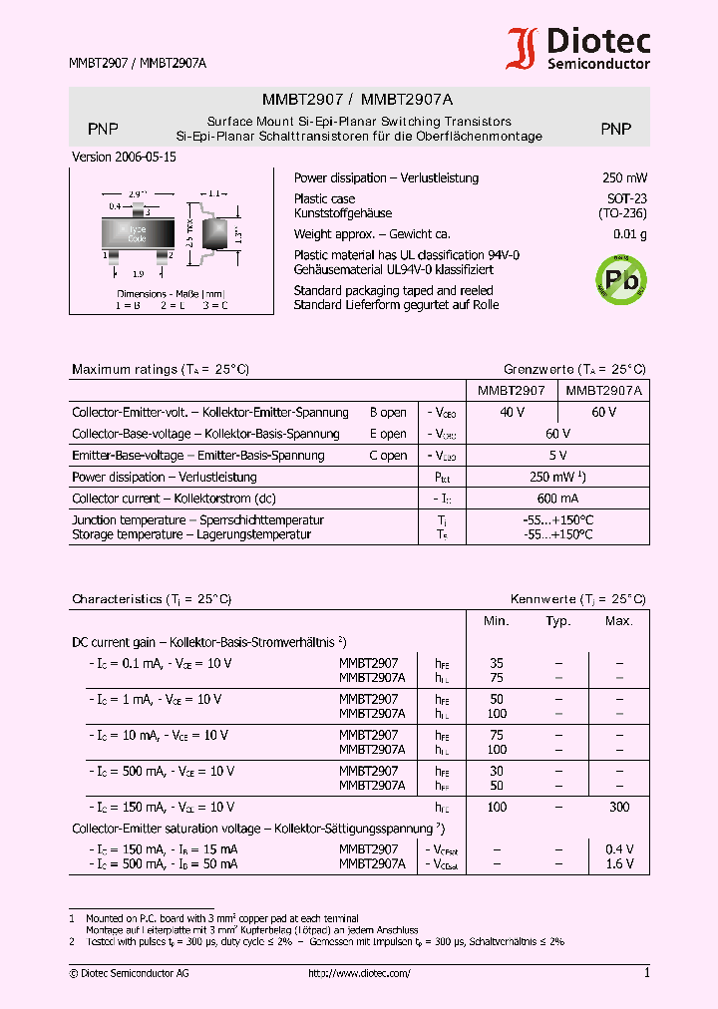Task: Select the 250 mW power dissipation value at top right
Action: tap(624, 178)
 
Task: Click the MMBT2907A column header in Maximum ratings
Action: tap(603, 392)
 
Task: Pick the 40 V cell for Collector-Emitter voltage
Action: tap(512, 413)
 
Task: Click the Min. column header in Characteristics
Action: tap(497, 621)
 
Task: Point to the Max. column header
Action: tap(618, 621)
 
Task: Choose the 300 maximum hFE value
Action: tap(618, 807)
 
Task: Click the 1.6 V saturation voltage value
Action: tap(618, 864)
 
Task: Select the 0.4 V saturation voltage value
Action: tap(618, 849)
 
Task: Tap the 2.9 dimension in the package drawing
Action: tap(138, 194)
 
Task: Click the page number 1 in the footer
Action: tap(646, 973)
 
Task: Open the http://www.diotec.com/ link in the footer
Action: tap(359, 974)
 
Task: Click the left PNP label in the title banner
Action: tap(103, 129)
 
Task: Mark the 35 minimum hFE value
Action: tap(497, 663)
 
